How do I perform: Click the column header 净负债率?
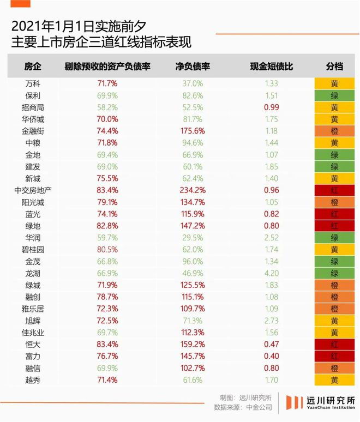pyautogui.click(x=193, y=67)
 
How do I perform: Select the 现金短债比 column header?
pyautogui.click(x=272, y=67)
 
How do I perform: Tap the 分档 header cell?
pyautogui.click(x=335, y=67)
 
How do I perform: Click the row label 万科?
pyautogui.click(x=33, y=84)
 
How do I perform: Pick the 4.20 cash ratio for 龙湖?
pyautogui.click(x=272, y=273)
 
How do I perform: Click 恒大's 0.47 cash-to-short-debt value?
pyautogui.click(x=272, y=345)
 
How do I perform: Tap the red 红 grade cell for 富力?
pyautogui.click(x=335, y=357)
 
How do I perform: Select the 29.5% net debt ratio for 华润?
pyautogui.click(x=193, y=238)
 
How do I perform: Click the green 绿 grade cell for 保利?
pyautogui.click(x=335, y=96)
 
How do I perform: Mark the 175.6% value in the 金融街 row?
pyautogui.click(x=193, y=131)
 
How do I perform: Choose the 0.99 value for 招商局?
pyautogui.click(x=272, y=107)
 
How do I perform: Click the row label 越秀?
pyautogui.click(x=33, y=380)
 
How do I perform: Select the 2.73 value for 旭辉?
pyautogui.click(x=272, y=321)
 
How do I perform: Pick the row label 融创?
pyautogui.click(x=33, y=297)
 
